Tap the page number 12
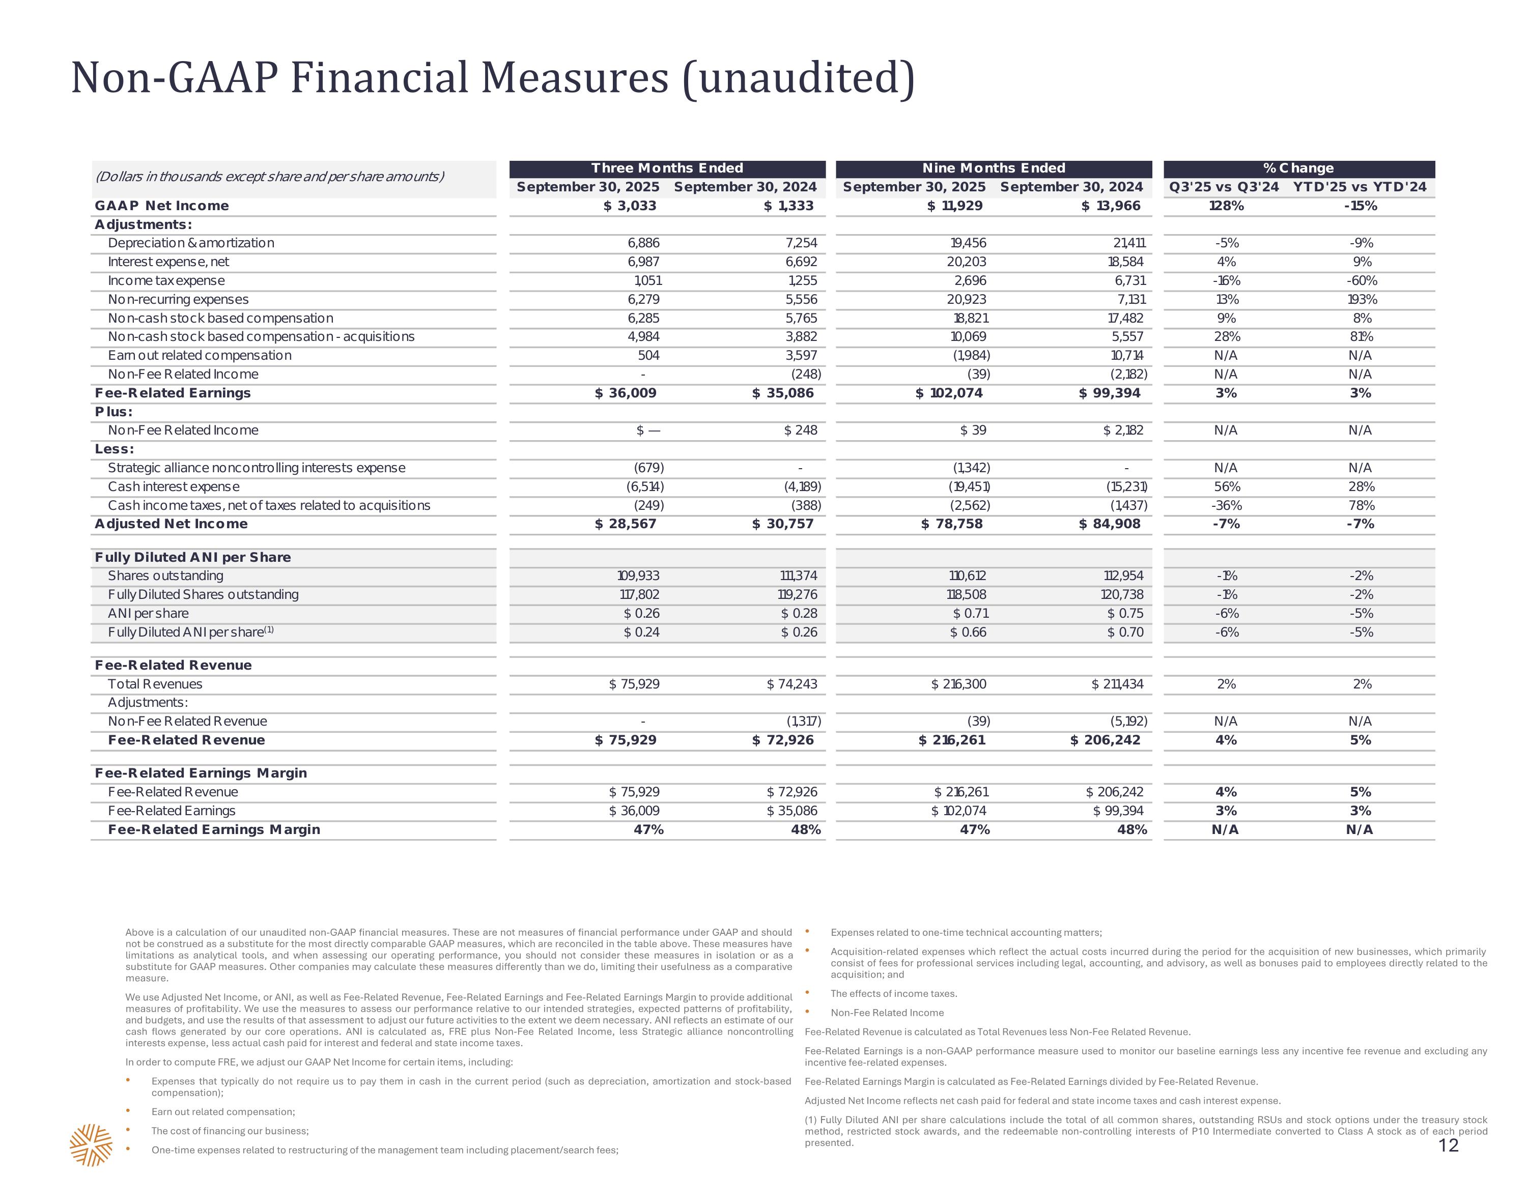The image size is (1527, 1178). [x=1449, y=1145]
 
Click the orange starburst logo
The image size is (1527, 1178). [x=91, y=1145]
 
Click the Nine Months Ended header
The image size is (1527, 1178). [x=994, y=168]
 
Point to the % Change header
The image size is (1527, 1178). [x=1298, y=168]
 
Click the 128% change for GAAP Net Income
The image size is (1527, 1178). [x=1226, y=206]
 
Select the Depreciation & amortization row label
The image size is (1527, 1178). [x=191, y=243]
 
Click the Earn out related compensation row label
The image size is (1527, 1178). [x=199, y=355]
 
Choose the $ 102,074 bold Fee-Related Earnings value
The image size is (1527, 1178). [x=949, y=393]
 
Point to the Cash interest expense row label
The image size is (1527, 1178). [x=174, y=486]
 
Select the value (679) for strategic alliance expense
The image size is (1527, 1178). [x=644, y=468]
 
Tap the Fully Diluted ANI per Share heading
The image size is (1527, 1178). [x=193, y=557]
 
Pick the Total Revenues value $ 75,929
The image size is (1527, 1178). [x=634, y=684]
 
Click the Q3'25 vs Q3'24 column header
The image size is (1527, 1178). [x=1224, y=187]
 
